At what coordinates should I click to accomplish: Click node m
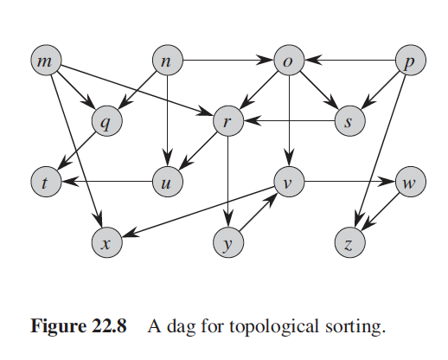[x=46, y=60]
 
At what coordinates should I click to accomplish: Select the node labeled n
[x=168, y=60]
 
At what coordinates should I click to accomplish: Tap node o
[x=289, y=60]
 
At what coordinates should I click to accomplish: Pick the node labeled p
[x=411, y=60]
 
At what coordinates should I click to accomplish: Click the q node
[x=107, y=121]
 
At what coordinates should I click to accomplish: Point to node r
[x=228, y=121]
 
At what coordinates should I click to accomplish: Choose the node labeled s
[x=350, y=121]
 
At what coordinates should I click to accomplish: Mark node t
[x=46, y=182]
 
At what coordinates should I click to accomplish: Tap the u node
[x=168, y=182]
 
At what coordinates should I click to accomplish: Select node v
[x=289, y=182]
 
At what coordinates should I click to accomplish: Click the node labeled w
[x=411, y=182]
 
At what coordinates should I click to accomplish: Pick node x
[x=107, y=242]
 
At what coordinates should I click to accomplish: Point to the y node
[x=228, y=242]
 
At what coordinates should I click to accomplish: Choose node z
[x=350, y=242]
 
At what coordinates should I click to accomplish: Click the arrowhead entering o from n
[x=266, y=60]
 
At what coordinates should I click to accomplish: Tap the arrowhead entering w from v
[x=387, y=182]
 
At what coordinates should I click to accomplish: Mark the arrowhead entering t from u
[x=70, y=182]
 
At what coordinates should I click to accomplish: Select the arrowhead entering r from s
[x=253, y=121]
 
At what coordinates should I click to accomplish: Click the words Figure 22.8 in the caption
[x=79, y=326]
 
